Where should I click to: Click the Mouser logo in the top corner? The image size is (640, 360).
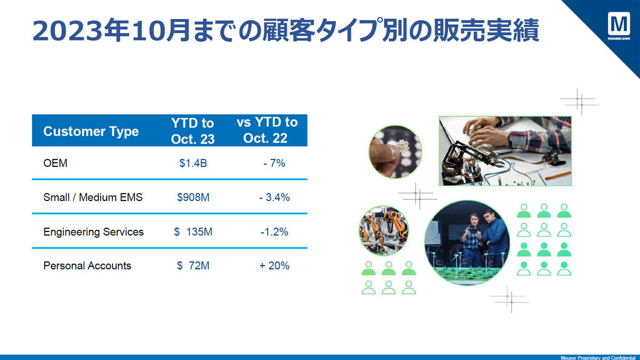619,26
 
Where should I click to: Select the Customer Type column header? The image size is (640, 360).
91,131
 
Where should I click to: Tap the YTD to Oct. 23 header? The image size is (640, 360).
193,131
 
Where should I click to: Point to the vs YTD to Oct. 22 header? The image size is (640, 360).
267,130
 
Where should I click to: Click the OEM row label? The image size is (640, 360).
55,163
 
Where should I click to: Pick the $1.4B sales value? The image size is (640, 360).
193,163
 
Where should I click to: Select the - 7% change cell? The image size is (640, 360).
274,163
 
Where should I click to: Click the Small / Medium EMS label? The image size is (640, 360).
93,197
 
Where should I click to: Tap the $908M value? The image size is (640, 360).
193,197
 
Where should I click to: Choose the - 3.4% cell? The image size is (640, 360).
274,197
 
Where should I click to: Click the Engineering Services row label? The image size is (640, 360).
93,231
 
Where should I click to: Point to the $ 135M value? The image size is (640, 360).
193,231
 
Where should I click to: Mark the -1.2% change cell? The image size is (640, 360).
274,231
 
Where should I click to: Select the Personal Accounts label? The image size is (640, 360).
87,266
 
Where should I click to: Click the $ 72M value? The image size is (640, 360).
193,266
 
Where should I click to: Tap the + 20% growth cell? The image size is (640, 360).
274,266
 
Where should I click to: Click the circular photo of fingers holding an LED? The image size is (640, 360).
395,151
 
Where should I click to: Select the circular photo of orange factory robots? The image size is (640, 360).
383,230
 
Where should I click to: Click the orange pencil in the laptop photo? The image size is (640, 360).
558,175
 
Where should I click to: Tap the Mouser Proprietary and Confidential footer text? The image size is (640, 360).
598,358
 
